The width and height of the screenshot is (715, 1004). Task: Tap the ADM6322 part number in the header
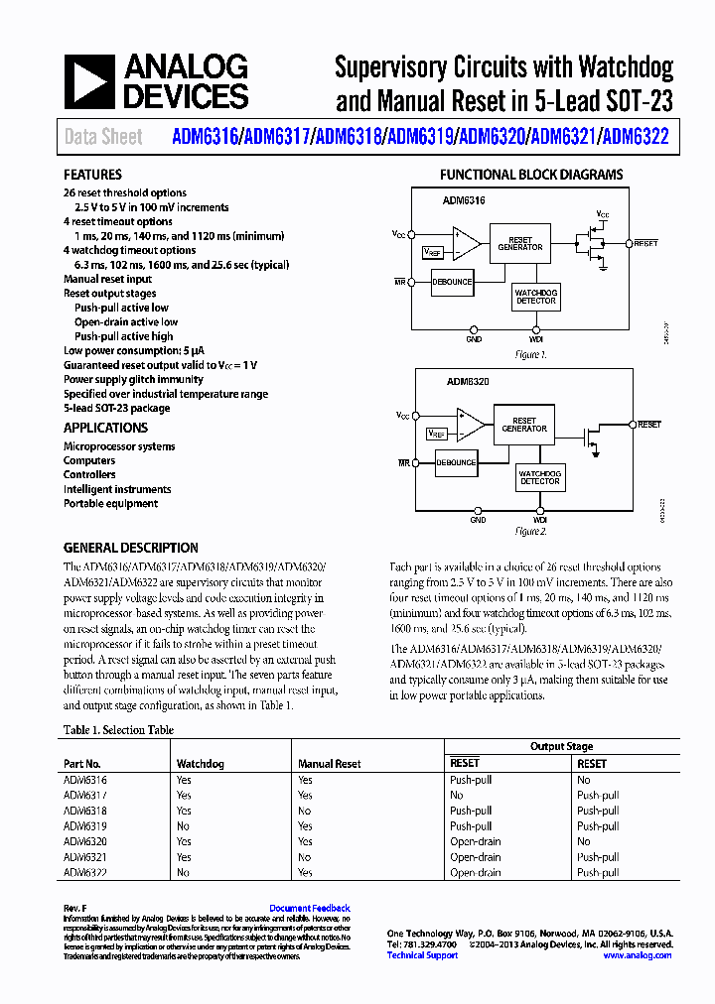(x=637, y=137)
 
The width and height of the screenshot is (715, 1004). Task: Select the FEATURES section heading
(x=92, y=174)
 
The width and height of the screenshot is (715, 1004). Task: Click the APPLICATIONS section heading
(x=105, y=428)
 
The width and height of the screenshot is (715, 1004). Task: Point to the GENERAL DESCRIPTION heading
(x=130, y=548)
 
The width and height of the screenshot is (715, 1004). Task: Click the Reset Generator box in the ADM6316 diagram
(x=519, y=244)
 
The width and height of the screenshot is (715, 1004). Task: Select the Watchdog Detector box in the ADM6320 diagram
(x=539, y=477)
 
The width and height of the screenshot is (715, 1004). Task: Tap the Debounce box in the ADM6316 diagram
(x=452, y=282)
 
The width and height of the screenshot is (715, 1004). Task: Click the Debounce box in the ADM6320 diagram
(x=456, y=462)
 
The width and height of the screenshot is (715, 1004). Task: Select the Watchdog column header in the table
(x=200, y=764)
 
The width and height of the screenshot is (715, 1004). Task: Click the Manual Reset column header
(x=329, y=764)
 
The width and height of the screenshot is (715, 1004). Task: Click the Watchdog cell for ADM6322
(x=183, y=872)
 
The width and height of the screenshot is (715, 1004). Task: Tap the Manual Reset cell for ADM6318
(x=304, y=811)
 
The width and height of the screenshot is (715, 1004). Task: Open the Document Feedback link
(x=309, y=908)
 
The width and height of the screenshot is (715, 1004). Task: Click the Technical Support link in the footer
(x=422, y=955)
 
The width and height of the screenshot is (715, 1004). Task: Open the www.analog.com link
(x=637, y=955)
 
